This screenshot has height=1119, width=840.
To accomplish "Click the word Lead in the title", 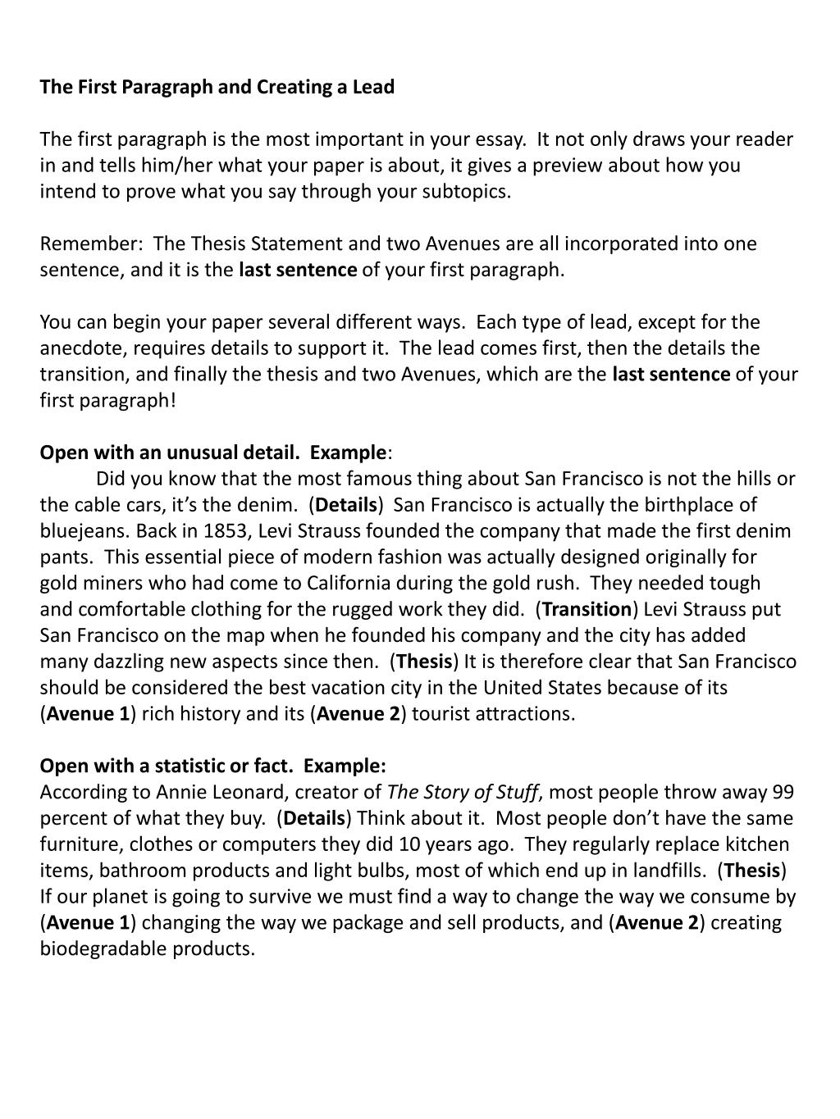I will (373, 87).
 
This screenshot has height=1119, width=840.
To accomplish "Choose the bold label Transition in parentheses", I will (587, 610).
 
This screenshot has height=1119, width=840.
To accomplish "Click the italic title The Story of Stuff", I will (463, 792).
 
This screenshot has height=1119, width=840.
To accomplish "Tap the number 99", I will (783, 792).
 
